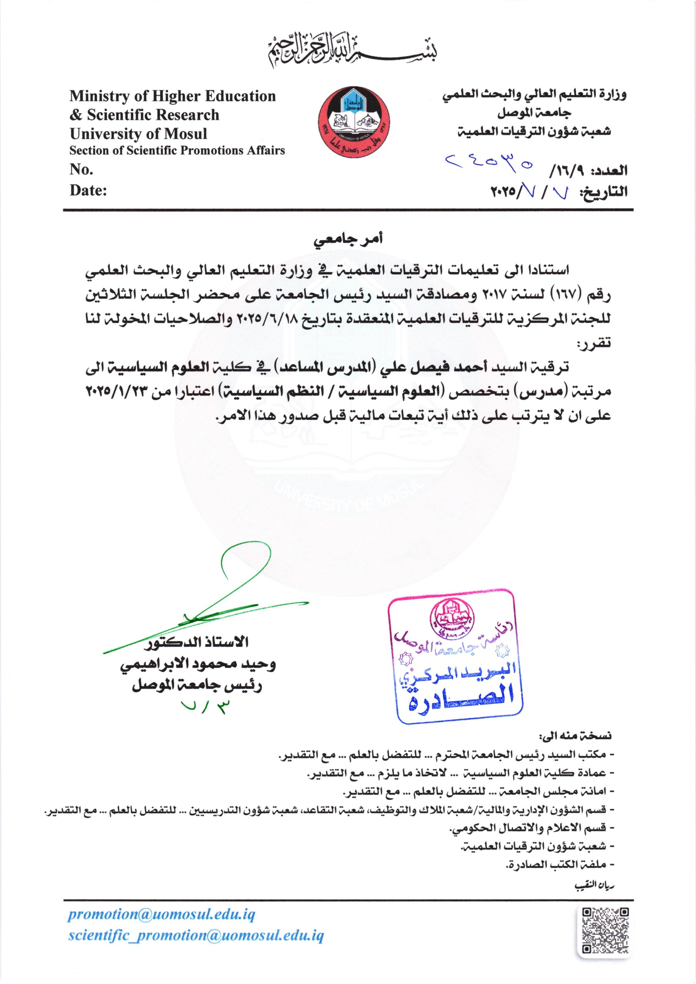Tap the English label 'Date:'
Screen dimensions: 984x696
pyautogui.click(x=88, y=190)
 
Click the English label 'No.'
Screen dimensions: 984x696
pyautogui.click(x=81, y=170)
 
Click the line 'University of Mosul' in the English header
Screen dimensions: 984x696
pyautogui.click(x=138, y=134)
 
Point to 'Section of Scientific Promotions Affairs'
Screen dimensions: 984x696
pyautogui.click(x=177, y=151)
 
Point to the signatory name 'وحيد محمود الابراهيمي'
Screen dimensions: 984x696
pyautogui.click(x=197, y=665)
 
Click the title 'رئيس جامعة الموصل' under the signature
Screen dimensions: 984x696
pyautogui.click(x=197, y=686)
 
